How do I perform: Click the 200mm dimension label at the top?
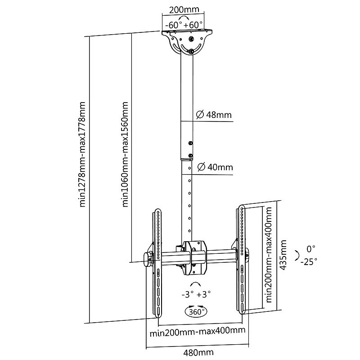[184, 9]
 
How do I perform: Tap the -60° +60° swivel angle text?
[184, 25]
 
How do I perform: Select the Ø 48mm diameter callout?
[214, 115]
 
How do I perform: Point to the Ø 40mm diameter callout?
[215, 167]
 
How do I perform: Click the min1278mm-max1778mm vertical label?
[82, 154]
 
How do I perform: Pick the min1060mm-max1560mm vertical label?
[125, 154]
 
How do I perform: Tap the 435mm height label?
[283, 255]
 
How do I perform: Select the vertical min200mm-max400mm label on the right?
[268, 254]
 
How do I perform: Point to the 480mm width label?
[198, 352]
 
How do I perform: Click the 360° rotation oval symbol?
[196, 311]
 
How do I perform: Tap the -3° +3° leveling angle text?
[196, 294]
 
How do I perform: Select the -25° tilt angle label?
[309, 261]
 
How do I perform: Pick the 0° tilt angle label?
[311, 249]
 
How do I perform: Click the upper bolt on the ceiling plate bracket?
[191, 39]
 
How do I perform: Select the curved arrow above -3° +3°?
[196, 284]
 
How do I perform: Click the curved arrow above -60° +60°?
[184, 18]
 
